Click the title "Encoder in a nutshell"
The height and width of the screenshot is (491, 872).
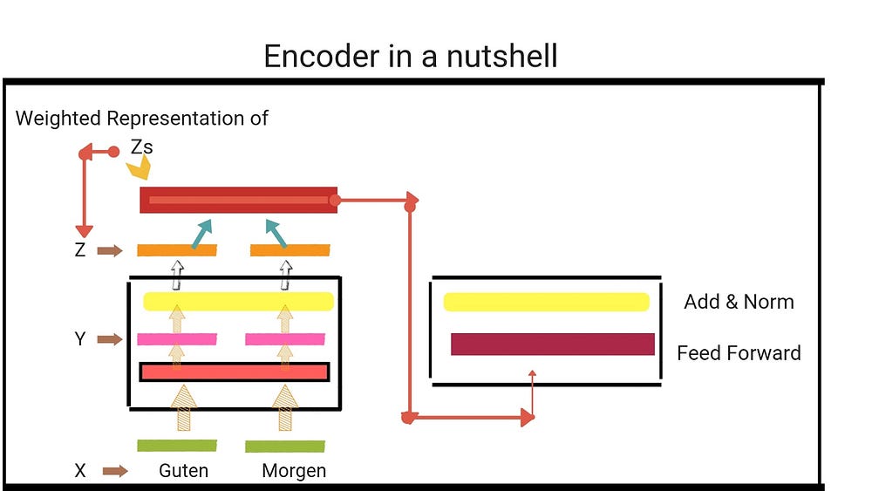pos(411,56)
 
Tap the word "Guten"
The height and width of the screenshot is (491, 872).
pos(183,471)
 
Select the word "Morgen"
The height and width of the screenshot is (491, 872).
pos(294,471)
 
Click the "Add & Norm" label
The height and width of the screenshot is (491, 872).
pos(739,303)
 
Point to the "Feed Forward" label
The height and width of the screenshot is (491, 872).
pos(739,353)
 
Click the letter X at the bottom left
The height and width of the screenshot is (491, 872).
pos(80,471)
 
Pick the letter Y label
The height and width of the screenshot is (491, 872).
pos(80,339)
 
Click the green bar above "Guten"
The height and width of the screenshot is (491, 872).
pos(177,446)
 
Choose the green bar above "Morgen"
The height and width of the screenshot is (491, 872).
pos(285,447)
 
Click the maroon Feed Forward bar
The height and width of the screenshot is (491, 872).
pos(552,344)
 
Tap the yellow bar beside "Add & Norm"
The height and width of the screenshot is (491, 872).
pos(546,302)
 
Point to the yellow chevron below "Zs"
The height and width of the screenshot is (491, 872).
pos(140,169)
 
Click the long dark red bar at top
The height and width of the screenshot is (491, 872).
pos(238,200)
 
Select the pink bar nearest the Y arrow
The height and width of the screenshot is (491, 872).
pos(177,339)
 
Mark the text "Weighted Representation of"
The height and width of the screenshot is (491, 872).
pos(142,118)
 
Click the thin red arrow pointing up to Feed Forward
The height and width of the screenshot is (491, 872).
pos(532,392)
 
